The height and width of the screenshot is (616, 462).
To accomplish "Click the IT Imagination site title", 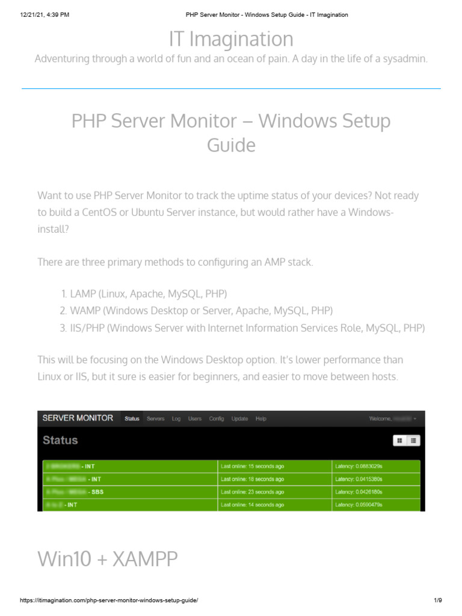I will [231, 39].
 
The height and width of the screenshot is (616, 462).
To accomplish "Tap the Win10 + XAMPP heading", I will [108, 559].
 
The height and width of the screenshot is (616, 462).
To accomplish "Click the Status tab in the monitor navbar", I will [132, 419].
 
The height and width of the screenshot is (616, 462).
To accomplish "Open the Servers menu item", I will [155, 419].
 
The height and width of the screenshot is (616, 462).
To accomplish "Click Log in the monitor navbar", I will [176, 419].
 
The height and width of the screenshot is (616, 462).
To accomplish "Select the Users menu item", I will [195, 419].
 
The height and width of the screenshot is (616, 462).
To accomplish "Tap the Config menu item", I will [217, 419].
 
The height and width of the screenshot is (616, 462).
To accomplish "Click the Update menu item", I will [239, 419].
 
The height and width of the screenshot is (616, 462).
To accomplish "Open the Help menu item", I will [260, 419].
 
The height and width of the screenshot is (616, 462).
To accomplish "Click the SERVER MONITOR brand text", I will [77, 418].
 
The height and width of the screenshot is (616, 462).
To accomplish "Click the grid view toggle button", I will [399, 441].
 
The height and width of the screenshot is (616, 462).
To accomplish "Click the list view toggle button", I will [414, 441].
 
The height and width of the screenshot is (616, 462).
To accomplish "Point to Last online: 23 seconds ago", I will [253, 492].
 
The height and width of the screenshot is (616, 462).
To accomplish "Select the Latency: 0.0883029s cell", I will [359, 466].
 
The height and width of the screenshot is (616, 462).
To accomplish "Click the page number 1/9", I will [437, 601].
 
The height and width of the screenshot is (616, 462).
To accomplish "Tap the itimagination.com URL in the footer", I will [109, 601].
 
